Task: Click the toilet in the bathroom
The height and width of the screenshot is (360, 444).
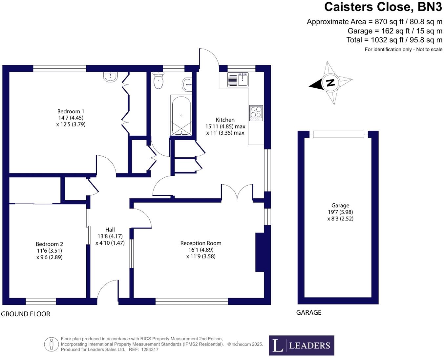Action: [x=159, y=81]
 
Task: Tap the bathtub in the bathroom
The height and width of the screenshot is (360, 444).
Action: [x=181, y=116]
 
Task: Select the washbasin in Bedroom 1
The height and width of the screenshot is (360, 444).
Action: [x=111, y=77]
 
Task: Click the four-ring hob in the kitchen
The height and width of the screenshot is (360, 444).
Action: [x=256, y=113]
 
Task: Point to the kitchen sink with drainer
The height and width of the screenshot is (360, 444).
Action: [x=238, y=80]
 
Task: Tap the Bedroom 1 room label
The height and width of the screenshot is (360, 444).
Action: [x=71, y=111]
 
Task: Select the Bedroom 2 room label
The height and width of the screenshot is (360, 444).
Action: [x=49, y=244]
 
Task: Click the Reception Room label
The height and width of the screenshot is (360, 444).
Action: [x=201, y=243]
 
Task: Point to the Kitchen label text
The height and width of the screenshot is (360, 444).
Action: [x=225, y=120]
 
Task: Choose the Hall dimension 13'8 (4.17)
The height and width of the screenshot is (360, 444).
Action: [x=110, y=236]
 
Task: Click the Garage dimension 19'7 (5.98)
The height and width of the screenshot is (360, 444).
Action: [x=340, y=212]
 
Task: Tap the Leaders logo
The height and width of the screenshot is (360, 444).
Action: [x=301, y=345]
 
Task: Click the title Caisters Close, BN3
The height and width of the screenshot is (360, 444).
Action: [x=383, y=7]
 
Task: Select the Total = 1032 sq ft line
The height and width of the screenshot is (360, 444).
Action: [x=394, y=40]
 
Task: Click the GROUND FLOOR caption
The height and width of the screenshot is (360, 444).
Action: [x=26, y=314]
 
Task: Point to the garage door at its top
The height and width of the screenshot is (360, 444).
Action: [x=338, y=134]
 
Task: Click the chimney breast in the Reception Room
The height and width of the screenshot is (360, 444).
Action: [x=260, y=252]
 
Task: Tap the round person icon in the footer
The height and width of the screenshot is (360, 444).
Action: [x=51, y=344]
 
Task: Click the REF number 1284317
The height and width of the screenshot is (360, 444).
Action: [x=150, y=349]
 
